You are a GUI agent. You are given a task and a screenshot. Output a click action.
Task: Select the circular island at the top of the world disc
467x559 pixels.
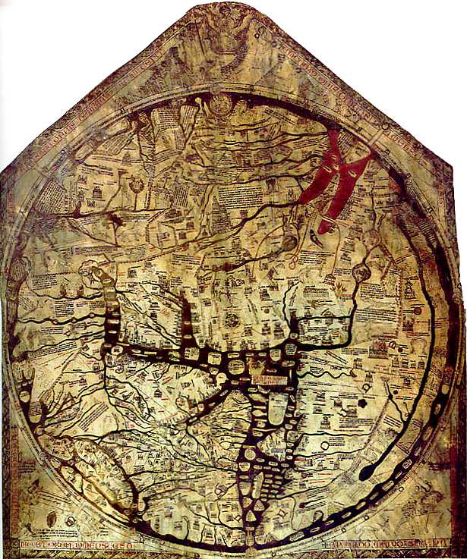(x=221, y=105)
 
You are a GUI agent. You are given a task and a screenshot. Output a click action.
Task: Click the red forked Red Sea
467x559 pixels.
(x=334, y=178)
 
